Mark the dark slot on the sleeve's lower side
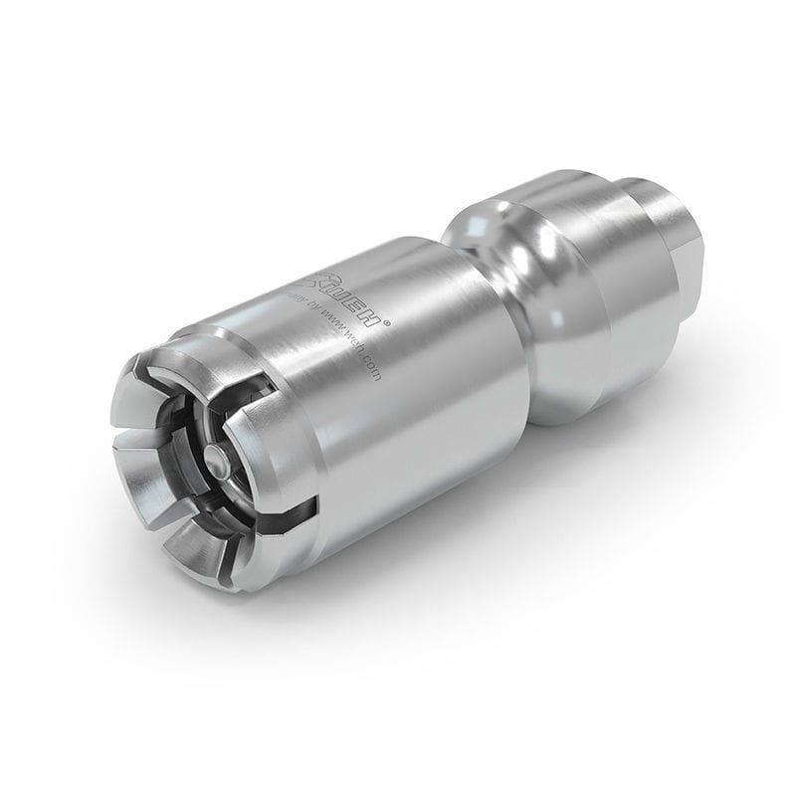click(x=298, y=512)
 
